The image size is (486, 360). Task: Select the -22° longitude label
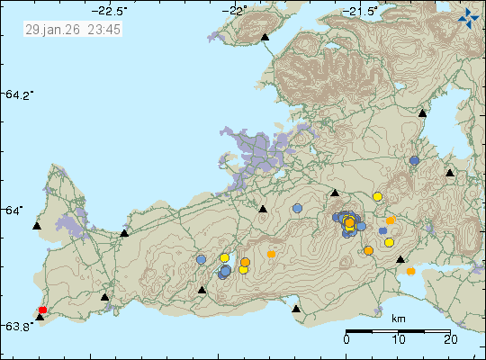click(238, 11)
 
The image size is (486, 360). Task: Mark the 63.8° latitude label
click(19, 326)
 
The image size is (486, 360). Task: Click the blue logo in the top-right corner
click(468, 15)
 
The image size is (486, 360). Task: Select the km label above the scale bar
click(399, 319)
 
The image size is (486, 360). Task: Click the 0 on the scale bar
click(347, 340)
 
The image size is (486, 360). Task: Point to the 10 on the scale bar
click(399, 340)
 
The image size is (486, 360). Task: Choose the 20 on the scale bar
click(450, 340)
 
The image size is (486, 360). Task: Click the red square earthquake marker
click(42, 310)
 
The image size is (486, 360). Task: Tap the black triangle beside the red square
click(39, 318)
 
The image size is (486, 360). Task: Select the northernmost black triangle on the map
click(265, 37)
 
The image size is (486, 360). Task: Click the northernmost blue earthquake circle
click(414, 160)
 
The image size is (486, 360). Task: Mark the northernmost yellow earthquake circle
click(378, 196)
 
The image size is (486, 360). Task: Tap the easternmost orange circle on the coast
click(410, 271)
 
